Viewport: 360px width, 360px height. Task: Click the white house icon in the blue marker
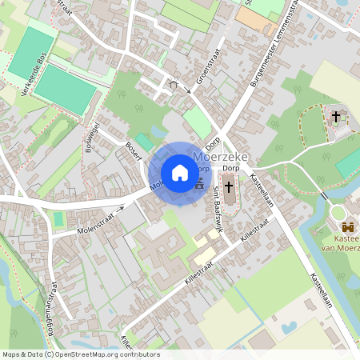pos(179,173)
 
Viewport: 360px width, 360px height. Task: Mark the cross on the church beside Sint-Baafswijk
pos(229,188)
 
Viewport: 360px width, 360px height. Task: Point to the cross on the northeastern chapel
pos(336,117)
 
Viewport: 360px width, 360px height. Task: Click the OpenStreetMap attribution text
pos(80,354)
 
